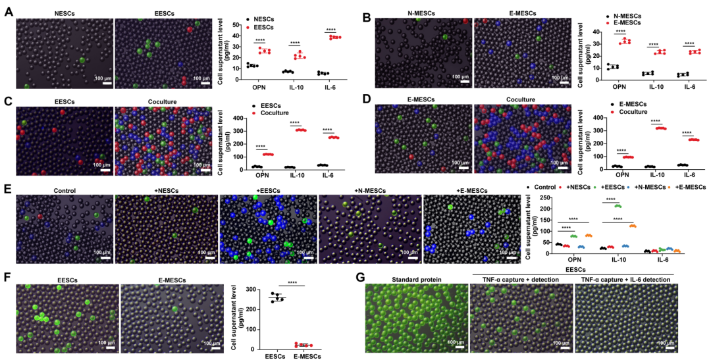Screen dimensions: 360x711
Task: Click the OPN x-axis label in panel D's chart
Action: [618, 174]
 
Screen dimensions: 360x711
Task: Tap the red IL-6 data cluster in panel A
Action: [335, 38]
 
